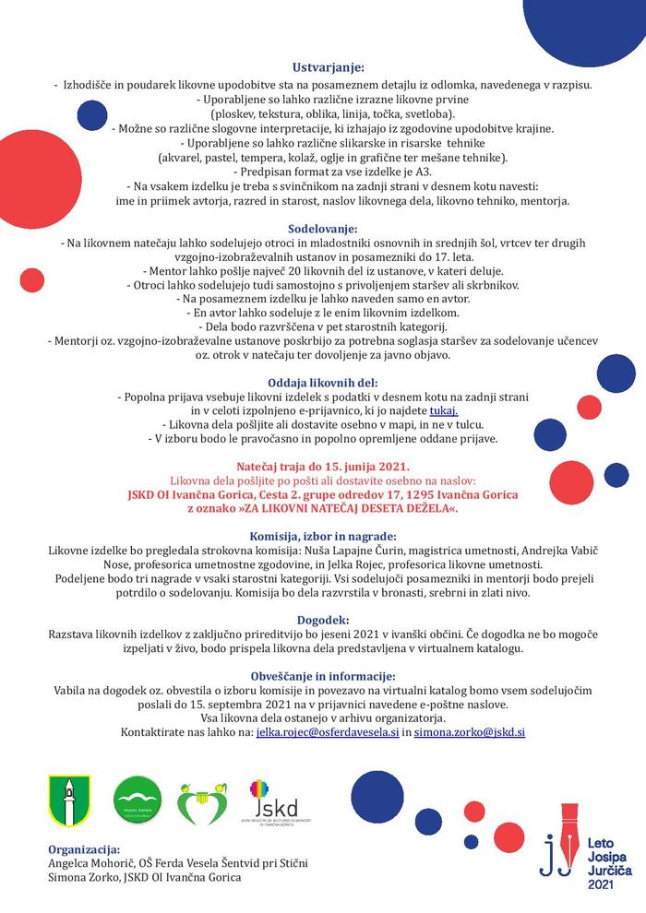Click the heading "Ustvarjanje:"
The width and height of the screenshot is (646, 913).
[x=328, y=67]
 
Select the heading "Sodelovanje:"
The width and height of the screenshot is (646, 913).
[x=323, y=227]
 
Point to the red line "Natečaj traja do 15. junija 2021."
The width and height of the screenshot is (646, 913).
[x=323, y=467]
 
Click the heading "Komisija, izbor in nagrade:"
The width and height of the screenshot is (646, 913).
[x=323, y=536]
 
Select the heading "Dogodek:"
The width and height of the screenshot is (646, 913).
[x=323, y=620]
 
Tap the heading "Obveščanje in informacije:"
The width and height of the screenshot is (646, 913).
[x=323, y=675]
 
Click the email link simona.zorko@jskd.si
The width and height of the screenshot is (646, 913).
[x=470, y=731]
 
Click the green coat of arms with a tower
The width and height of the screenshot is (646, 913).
[x=68, y=801]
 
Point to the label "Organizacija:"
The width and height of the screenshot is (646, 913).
[x=84, y=848]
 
